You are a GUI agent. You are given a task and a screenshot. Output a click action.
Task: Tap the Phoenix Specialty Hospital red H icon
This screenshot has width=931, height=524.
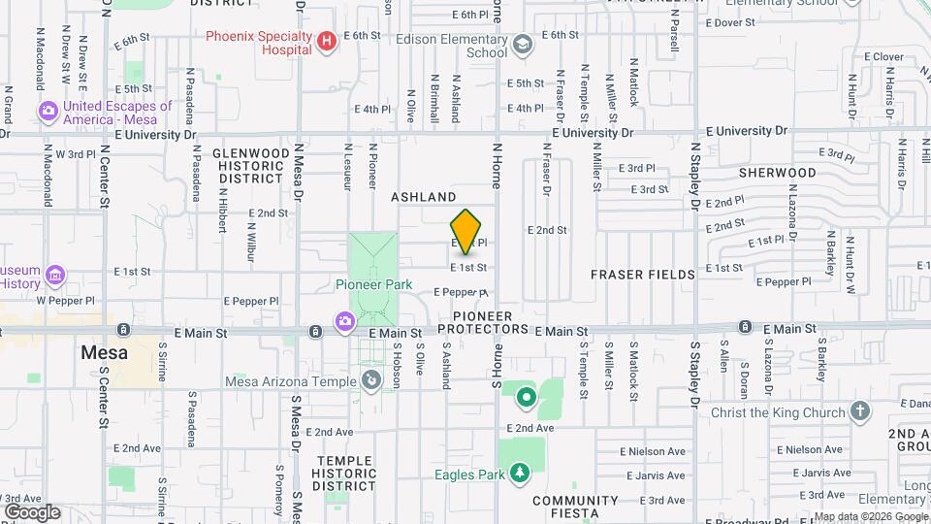point(327,41)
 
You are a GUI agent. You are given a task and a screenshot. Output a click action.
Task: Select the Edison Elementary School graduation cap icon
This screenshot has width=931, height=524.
point(523,44)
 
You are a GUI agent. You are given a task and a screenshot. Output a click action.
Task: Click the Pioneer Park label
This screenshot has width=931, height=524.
point(373,284)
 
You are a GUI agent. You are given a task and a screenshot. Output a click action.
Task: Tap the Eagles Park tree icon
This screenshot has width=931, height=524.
point(520,473)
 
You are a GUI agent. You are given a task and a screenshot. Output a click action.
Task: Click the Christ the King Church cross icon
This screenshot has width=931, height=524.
point(860,411)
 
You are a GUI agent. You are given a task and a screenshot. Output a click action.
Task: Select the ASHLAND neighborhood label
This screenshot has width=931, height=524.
point(423,197)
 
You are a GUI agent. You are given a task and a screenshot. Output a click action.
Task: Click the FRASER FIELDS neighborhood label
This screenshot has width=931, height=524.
point(643,275)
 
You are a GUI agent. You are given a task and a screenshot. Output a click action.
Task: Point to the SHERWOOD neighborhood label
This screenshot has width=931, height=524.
point(777,173)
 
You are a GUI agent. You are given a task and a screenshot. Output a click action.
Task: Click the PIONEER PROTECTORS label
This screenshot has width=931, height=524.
point(491,323)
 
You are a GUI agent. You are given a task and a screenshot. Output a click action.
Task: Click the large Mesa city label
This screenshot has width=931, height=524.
point(104,352)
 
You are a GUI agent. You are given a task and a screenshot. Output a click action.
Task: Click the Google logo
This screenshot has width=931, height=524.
point(32,511)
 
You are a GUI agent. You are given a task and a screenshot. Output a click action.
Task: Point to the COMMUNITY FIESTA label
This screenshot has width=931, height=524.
point(575,507)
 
